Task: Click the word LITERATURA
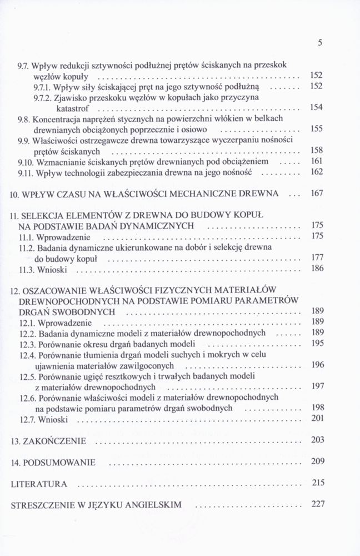coord(39,484)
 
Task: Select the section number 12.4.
coord(28,355)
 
